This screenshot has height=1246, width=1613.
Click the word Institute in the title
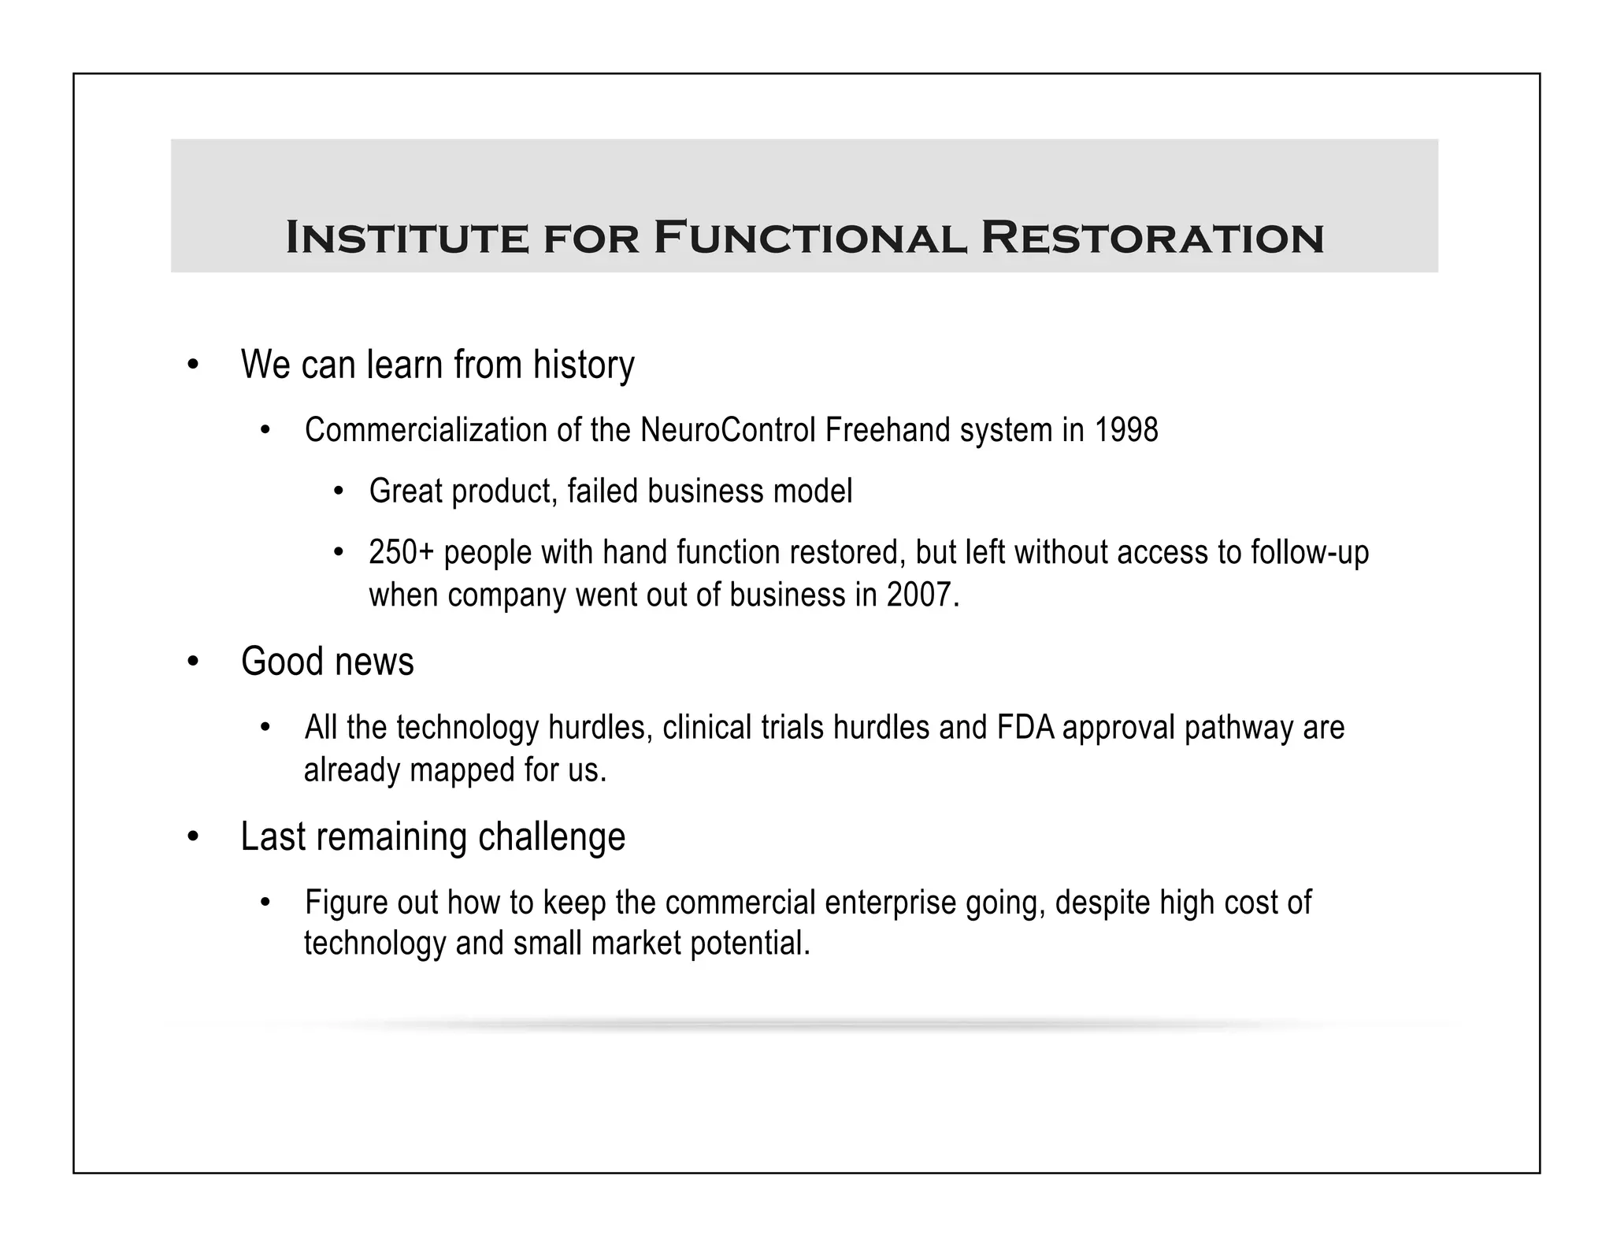(406, 238)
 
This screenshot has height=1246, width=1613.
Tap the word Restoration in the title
(1151, 238)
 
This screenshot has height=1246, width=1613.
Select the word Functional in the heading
(810, 238)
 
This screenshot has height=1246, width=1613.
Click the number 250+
(401, 553)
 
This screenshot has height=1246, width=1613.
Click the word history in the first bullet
(584, 365)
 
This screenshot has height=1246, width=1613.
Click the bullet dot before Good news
(193, 662)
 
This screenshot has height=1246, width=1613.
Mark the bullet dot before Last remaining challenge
(193, 837)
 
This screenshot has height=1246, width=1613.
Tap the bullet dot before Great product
(339, 492)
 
